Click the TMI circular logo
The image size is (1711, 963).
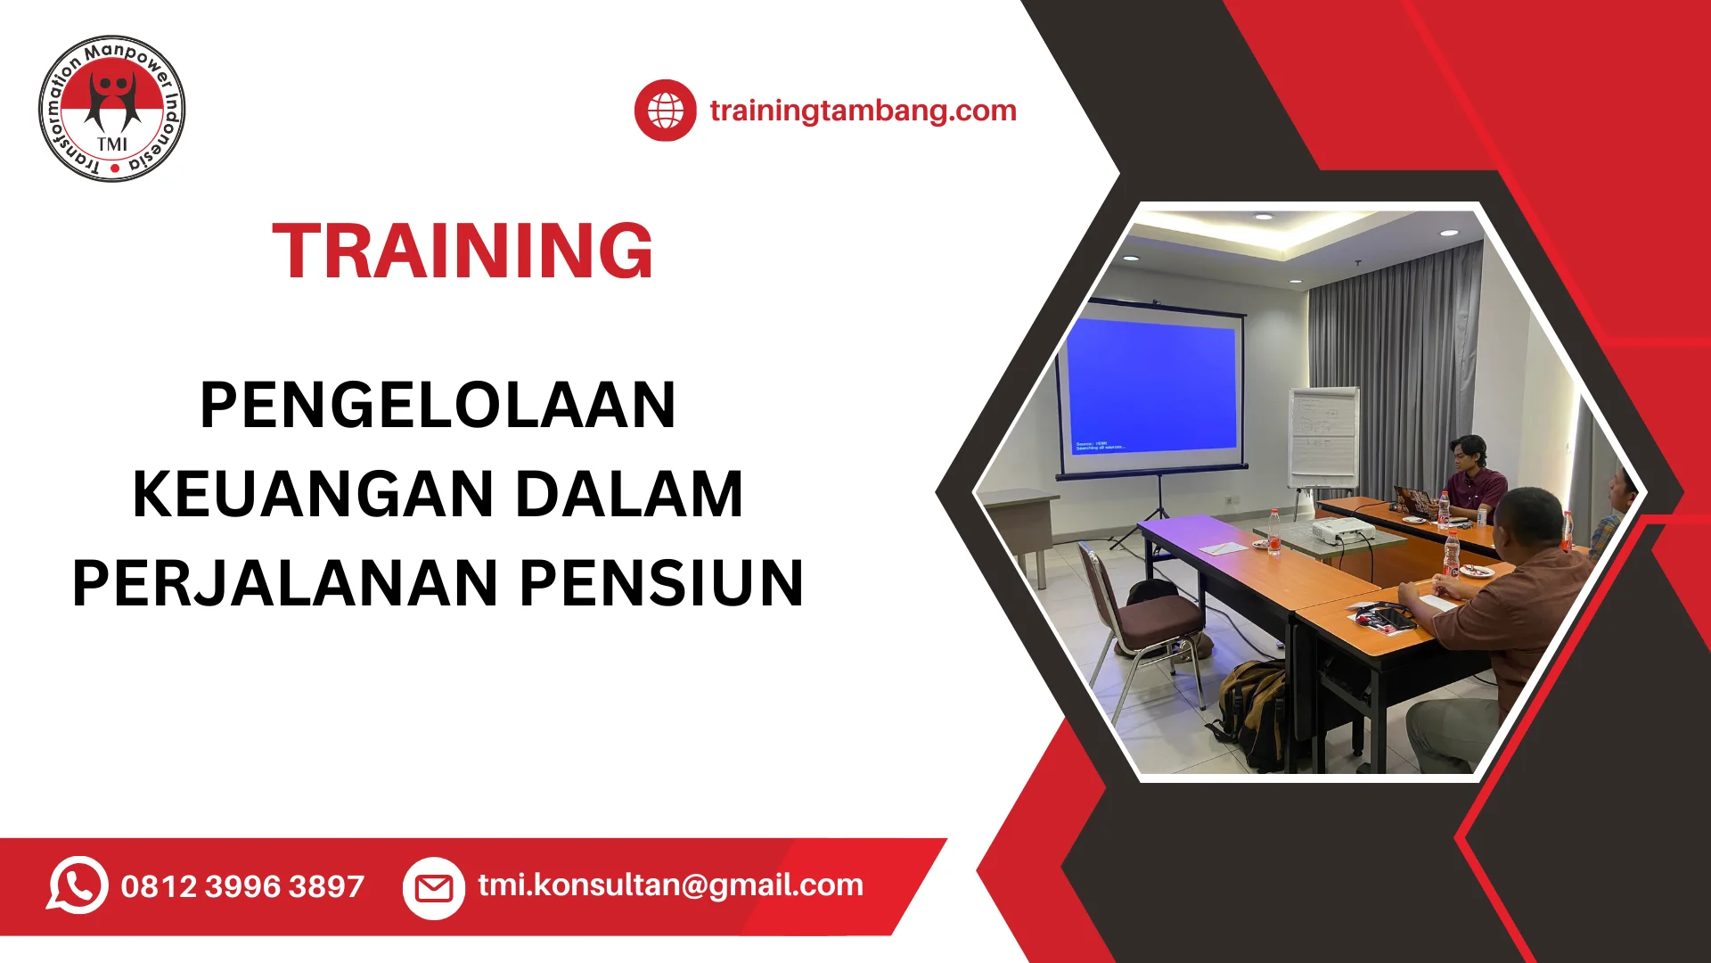[112, 109]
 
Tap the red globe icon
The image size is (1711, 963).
[665, 111]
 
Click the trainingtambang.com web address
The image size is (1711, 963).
[863, 111]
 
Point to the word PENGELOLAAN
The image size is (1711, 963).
[438, 405]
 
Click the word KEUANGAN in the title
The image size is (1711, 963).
[314, 494]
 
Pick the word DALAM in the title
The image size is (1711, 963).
[629, 494]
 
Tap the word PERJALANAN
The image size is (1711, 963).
[285, 583]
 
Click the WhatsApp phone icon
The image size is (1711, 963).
[78, 885]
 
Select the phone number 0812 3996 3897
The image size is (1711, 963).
[242, 886]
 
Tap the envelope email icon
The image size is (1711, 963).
[434, 888]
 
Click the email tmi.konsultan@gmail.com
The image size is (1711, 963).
[670, 885]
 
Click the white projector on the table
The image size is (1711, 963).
[1344, 531]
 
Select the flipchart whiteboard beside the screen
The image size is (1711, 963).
[1323, 437]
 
